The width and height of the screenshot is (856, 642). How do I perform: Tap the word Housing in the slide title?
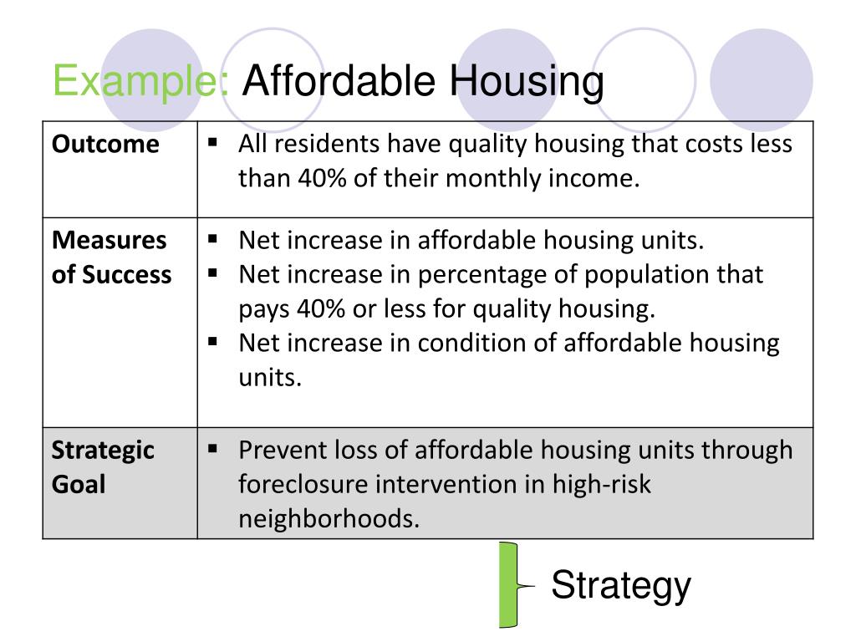click(x=527, y=83)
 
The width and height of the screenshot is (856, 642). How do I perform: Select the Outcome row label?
click(x=105, y=144)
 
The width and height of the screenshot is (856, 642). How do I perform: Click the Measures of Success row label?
click(x=111, y=257)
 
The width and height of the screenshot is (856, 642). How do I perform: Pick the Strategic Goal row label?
click(x=103, y=467)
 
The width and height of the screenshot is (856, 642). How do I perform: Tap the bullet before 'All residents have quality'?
click(x=213, y=143)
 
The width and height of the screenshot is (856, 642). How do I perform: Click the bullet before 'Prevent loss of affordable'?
click(x=213, y=449)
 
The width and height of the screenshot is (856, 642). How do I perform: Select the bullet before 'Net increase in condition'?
click(x=213, y=342)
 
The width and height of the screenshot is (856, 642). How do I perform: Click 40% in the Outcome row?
click(x=322, y=178)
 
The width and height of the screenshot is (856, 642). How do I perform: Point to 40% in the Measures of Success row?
click(x=321, y=308)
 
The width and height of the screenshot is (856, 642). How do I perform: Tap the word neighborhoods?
click(x=329, y=518)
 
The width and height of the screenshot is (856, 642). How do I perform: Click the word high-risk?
click(x=602, y=484)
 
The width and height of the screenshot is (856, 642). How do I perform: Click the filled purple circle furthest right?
click(x=761, y=80)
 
